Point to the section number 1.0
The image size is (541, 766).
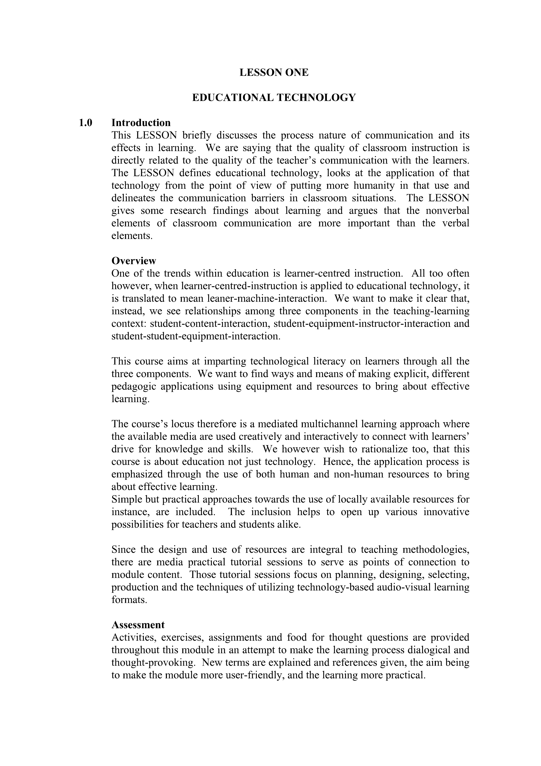(x=85, y=123)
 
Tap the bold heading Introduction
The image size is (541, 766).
(x=141, y=123)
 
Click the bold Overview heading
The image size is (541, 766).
(x=133, y=261)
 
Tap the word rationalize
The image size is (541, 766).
(x=378, y=449)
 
